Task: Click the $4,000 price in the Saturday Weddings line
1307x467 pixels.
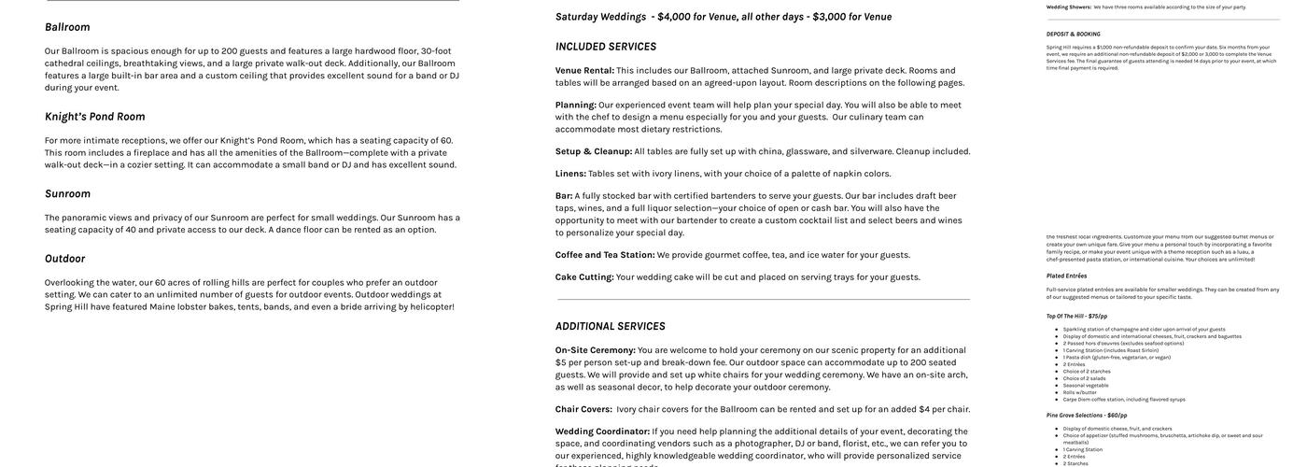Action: coord(673,17)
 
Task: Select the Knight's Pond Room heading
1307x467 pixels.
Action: coord(94,117)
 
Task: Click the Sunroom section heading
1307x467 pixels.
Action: coord(67,193)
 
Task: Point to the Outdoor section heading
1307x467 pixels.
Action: coord(64,259)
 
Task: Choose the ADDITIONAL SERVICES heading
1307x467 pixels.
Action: coord(610,326)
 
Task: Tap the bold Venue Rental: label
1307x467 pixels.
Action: coord(584,70)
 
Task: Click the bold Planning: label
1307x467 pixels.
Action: coord(575,105)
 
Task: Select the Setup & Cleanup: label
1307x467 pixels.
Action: coord(593,151)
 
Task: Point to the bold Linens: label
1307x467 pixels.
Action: coord(570,174)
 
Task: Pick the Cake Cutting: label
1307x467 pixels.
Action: coord(583,277)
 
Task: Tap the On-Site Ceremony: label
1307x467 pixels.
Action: coord(595,350)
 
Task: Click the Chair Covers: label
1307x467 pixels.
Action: coord(583,409)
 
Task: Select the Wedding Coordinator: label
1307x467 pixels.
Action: coord(602,432)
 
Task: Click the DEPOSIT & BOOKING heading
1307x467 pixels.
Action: coord(1073,34)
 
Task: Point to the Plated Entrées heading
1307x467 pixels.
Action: coord(1066,276)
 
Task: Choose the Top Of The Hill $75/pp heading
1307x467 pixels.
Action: coord(1076,316)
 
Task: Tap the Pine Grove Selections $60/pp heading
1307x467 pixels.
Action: coord(1086,416)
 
